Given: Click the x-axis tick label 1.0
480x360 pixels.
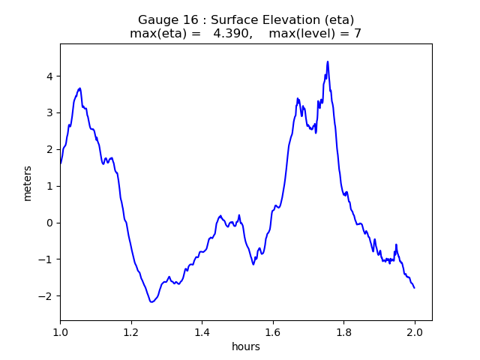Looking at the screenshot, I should [x=60, y=332].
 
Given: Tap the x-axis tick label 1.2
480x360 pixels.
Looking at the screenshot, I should [x=131, y=332].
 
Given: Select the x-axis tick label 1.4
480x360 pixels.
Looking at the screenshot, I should [x=202, y=332].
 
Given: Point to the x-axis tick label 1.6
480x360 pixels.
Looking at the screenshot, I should [x=273, y=332].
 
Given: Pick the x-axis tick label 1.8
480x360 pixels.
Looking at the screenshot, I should [x=343, y=332].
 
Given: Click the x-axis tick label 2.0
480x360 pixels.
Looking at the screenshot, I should [x=415, y=332].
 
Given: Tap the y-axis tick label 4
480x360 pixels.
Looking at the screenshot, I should [x=49, y=76].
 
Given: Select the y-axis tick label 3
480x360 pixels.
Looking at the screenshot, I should [x=49, y=112].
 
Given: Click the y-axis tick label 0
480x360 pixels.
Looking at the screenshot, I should [x=49, y=223].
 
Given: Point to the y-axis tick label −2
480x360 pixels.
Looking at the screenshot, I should [x=46, y=296].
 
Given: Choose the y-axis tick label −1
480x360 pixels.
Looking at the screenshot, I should [x=46, y=259].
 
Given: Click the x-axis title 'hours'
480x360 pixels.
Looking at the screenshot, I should [x=246, y=346].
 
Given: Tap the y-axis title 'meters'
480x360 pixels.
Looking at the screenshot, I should [x=28, y=183].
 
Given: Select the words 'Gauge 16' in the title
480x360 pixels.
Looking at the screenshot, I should [x=163, y=19].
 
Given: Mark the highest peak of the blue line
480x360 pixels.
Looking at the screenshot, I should [x=328, y=61].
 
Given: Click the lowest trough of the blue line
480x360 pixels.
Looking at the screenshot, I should [x=151, y=302].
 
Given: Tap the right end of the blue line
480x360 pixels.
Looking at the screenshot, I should [x=414, y=288].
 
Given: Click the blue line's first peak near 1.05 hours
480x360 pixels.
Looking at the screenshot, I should [x=79, y=88].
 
